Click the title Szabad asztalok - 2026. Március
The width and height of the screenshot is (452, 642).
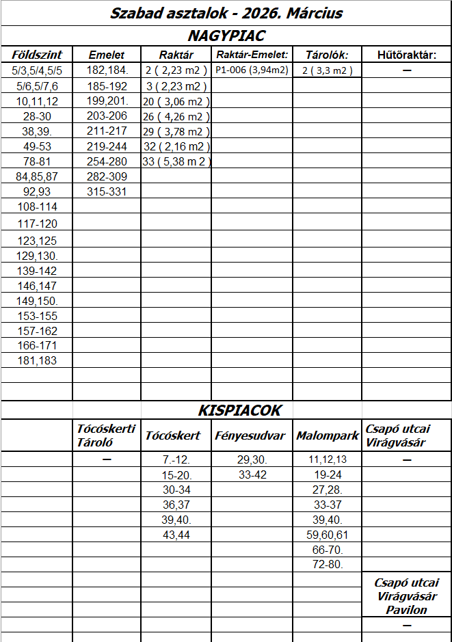[226, 14]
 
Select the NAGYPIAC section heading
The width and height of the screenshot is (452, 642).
[226, 36]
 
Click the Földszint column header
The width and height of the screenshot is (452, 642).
[37, 55]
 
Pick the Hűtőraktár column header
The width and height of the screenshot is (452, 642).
[406, 55]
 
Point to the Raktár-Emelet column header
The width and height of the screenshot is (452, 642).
[252, 55]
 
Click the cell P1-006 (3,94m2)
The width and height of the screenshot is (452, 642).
[252, 70]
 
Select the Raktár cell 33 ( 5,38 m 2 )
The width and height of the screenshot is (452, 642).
[176, 162]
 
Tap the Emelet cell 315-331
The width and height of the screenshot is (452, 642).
[107, 191]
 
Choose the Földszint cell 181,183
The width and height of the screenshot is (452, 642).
[37, 360]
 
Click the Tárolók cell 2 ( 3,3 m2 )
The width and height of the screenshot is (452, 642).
[327, 70]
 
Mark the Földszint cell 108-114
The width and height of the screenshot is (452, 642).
[37, 206]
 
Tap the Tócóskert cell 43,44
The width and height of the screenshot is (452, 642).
[176, 534]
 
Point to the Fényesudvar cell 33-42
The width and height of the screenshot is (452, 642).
[252, 474]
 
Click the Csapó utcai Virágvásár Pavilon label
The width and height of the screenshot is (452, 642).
[406, 596]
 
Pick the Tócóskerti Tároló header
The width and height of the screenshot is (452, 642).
[106, 436]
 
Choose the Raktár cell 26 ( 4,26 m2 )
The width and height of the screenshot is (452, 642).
[176, 116]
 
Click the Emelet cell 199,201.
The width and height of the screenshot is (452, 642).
[107, 101]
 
